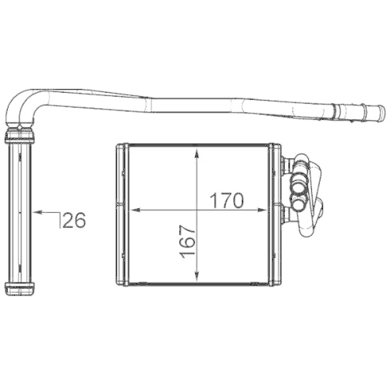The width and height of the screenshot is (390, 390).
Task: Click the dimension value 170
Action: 227,200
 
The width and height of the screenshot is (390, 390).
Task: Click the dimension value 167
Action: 187,242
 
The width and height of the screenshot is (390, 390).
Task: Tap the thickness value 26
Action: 74,220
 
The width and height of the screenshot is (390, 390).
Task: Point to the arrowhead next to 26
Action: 38,212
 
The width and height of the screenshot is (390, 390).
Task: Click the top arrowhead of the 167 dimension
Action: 197,153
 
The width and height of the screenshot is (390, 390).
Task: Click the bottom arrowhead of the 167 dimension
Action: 197,276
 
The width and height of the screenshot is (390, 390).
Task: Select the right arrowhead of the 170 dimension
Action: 262,210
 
